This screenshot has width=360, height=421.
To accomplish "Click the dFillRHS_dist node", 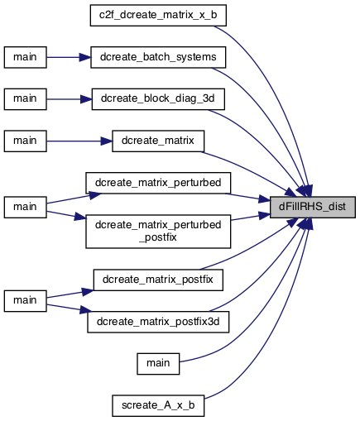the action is tap(312, 207).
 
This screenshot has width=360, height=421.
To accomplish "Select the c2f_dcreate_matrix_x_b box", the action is tap(158, 16).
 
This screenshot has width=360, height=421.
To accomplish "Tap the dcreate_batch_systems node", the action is tap(158, 57).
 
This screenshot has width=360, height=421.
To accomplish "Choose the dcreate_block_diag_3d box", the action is tap(158, 99).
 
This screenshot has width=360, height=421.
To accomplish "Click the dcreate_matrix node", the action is tap(158, 141).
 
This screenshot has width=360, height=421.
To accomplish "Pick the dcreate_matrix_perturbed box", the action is tap(158, 183).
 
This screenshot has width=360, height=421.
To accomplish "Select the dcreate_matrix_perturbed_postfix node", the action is tap(158, 232).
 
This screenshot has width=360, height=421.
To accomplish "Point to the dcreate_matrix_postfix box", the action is tap(158, 280).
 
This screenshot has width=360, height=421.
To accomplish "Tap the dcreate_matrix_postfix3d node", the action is tap(158, 322).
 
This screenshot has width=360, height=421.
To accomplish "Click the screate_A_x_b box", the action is tap(158, 405).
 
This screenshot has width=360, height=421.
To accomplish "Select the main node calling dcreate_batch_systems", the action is tap(25, 57).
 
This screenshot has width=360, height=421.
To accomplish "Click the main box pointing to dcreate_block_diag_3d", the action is tap(25, 99).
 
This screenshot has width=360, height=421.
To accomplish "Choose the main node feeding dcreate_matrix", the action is tap(25, 141).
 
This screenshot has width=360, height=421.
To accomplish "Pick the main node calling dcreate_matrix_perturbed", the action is tap(25, 207).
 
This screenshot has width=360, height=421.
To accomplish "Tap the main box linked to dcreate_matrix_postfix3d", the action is tap(25, 301).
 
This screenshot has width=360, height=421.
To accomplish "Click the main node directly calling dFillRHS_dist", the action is tap(158, 364).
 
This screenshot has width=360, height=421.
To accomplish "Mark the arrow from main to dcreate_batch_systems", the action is tap(69, 57).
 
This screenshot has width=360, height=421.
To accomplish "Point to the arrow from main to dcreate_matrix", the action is tap(79, 141).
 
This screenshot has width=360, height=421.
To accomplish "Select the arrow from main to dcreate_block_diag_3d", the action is tap(70, 99).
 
